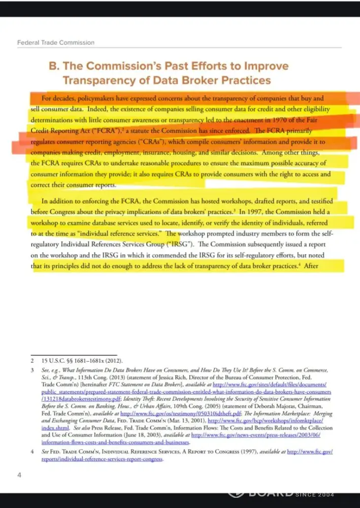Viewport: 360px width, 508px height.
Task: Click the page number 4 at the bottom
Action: pos(19,475)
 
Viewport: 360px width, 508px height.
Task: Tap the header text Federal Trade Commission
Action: pos(56,43)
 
